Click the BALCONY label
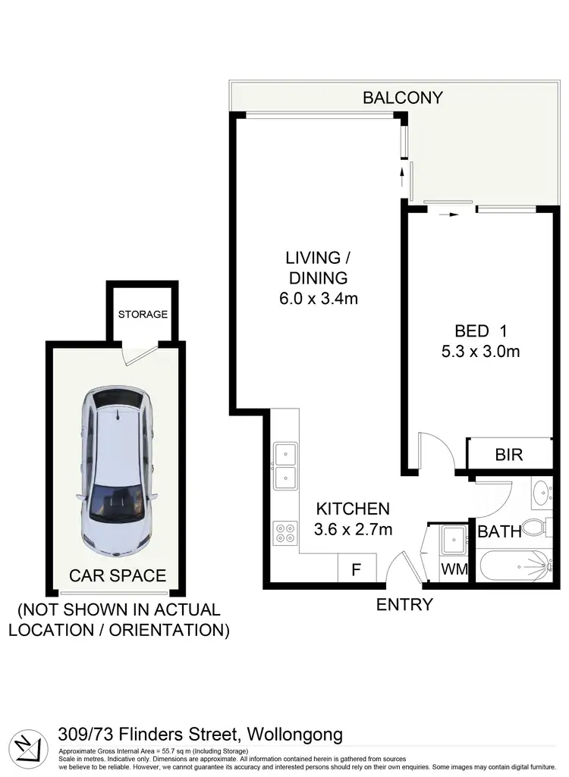pos(402,97)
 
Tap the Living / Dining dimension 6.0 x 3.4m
pos(319,299)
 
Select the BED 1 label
pos(481,331)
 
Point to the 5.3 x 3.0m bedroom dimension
pos(481,351)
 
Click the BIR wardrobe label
pos(509,455)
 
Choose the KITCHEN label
pos(353,509)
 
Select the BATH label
pos(499,531)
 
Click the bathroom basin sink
pos(542,493)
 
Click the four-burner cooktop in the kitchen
pos(284,532)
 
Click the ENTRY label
pos(404,604)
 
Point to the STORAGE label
pos(143,314)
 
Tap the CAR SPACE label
pos(118,575)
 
